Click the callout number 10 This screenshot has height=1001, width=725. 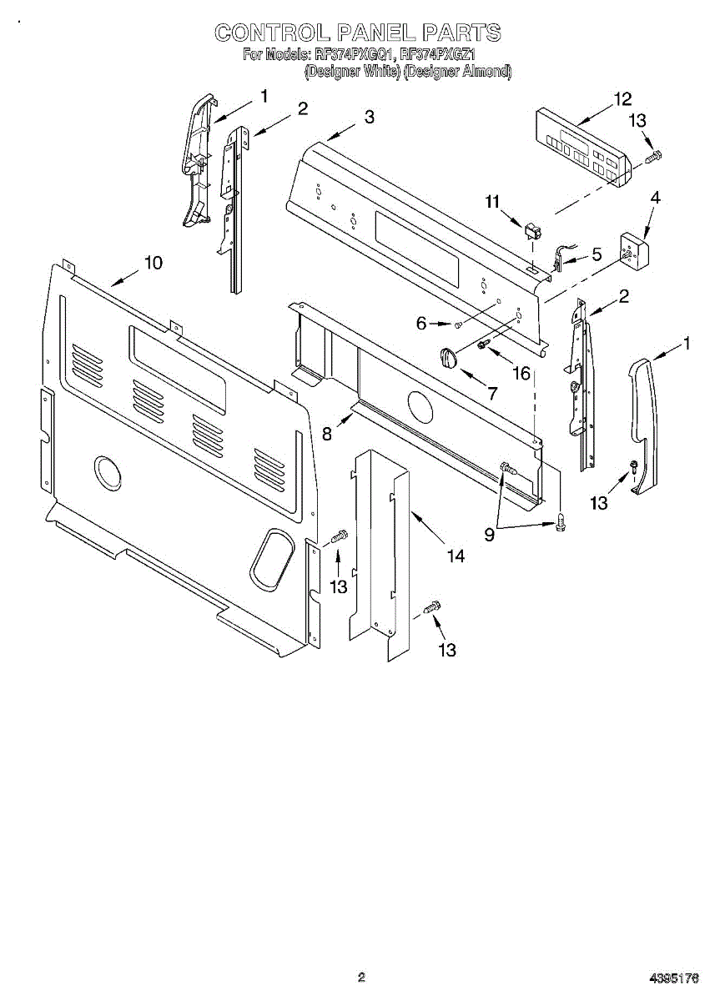[153, 263]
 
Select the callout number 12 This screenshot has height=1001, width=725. [622, 98]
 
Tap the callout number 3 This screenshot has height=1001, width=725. [369, 118]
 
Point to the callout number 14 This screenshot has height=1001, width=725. [456, 556]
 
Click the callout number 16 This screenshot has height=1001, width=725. [521, 373]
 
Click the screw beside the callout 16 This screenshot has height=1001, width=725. [483, 345]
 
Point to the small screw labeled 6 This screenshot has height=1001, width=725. [458, 324]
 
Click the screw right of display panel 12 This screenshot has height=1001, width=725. [654, 155]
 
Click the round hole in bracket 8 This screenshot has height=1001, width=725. [420, 407]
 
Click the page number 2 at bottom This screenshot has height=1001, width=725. [361, 978]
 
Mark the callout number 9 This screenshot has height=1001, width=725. [489, 535]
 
